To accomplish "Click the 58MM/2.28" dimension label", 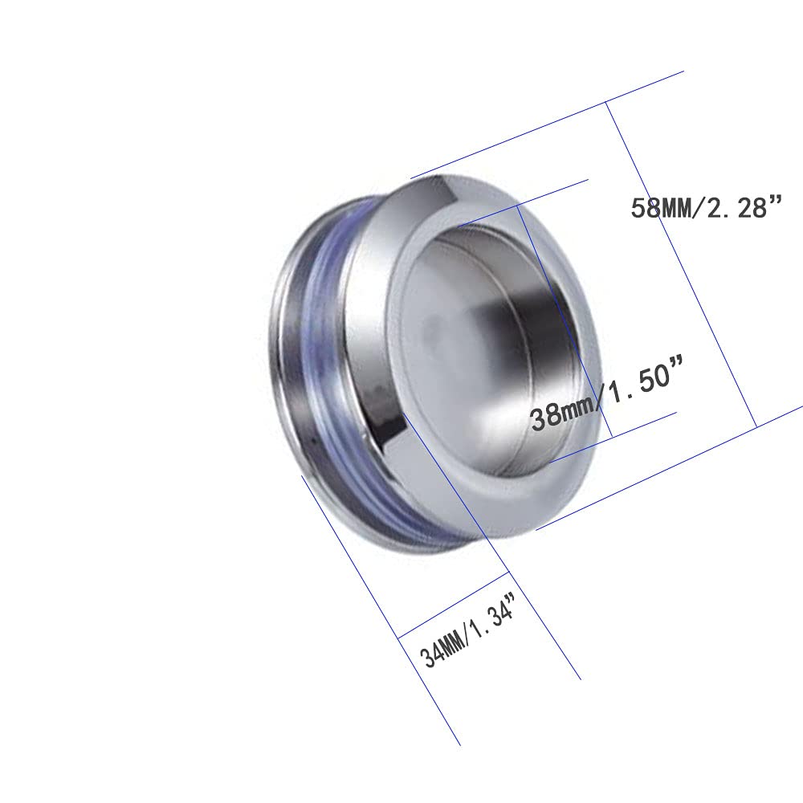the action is click(x=707, y=207).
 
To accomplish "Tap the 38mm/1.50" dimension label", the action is click(x=607, y=393).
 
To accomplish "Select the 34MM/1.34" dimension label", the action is click(x=467, y=632).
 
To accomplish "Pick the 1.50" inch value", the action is click(x=646, y=379).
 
